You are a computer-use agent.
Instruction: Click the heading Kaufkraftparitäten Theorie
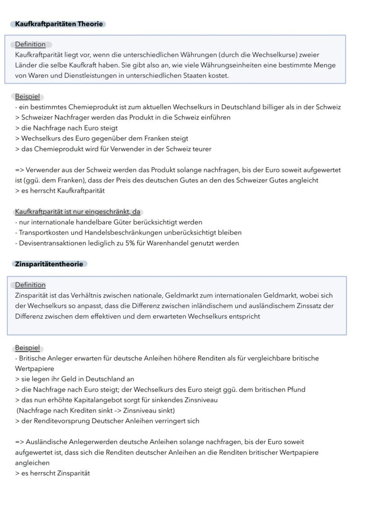(x=59, y=24)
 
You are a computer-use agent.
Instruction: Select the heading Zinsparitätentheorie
(x=49, y=264)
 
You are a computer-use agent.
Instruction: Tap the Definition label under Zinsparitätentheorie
(x=30, y=285)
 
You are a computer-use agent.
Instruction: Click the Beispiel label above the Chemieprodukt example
(x=27, y=97)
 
